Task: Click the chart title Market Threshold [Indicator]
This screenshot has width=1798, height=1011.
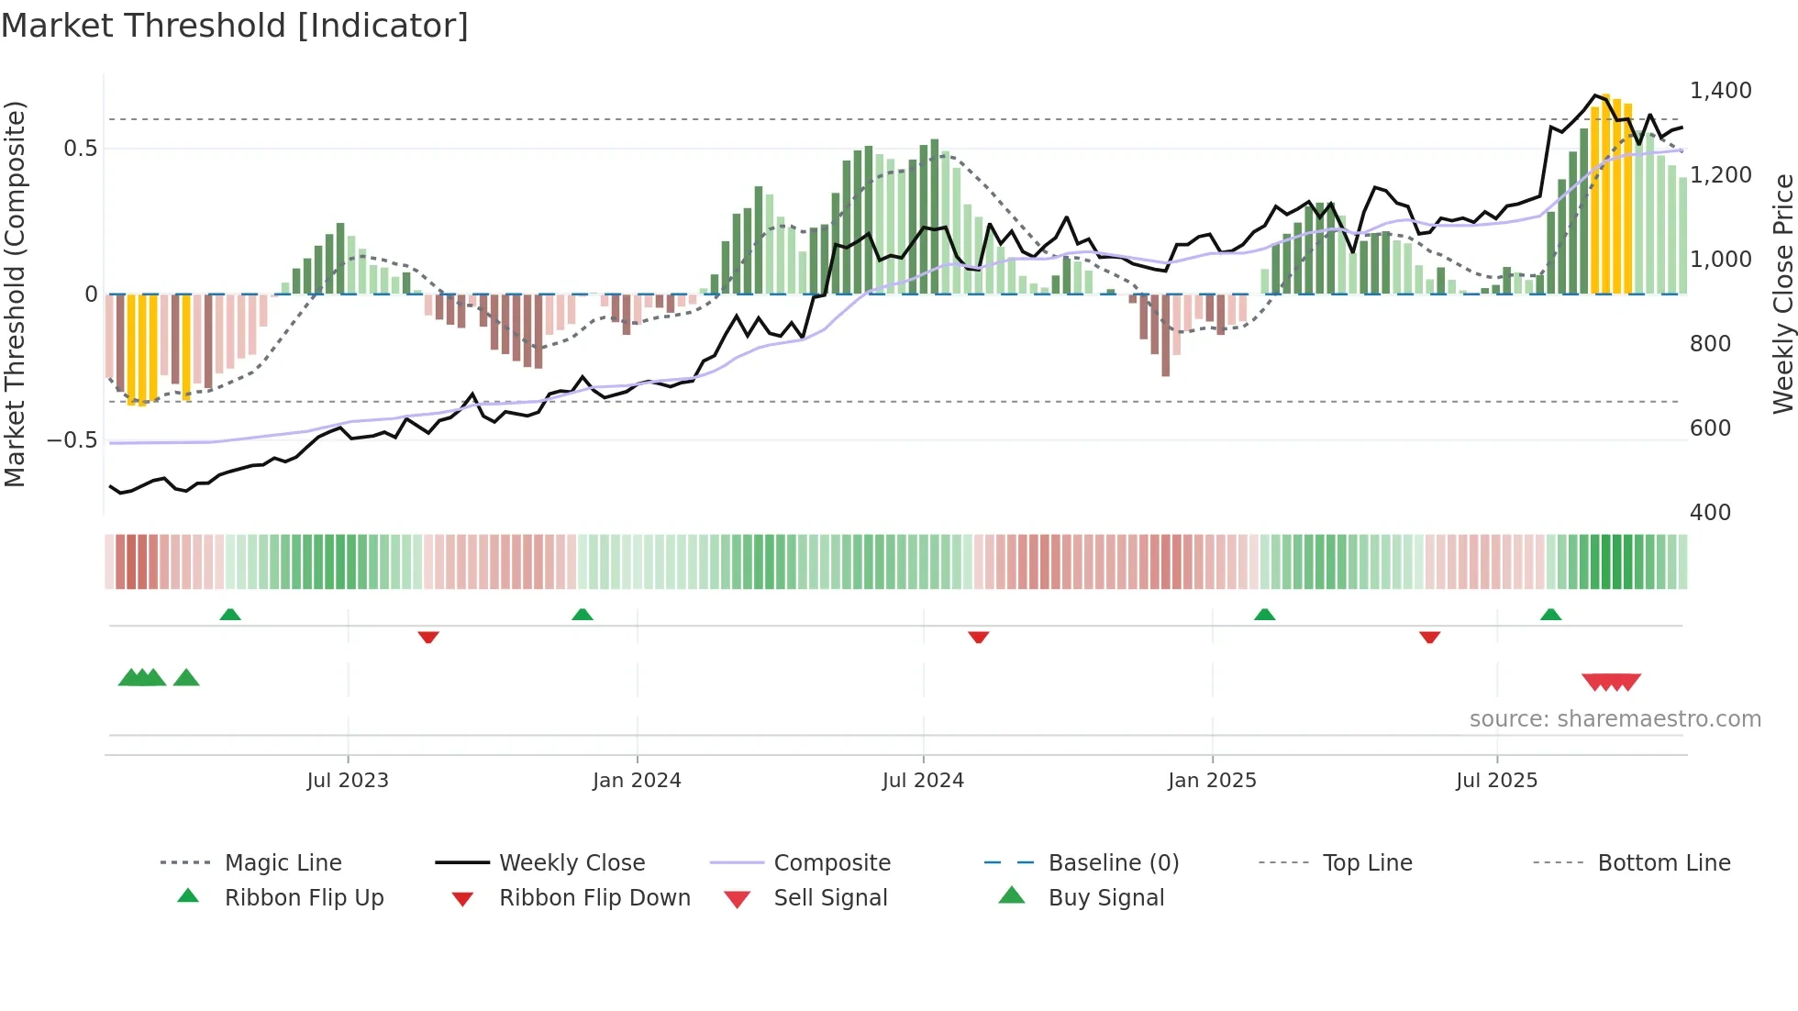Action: [x=235, y=26]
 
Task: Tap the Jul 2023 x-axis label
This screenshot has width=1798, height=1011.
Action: [x=348, y=781]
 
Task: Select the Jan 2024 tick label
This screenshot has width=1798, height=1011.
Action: [x=637, y=781]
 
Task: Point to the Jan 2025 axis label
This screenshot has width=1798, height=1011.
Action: [x=1212, y=781]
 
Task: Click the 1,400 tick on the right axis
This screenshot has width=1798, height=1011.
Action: [x=1720, y=91]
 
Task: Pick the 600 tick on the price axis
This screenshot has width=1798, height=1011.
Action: [x=1710, y=428]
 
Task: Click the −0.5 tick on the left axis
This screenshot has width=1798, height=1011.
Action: [x=72, y=440]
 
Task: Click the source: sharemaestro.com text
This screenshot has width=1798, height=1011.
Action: [x=1615, y=719]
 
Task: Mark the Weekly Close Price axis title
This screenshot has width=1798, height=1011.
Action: [x=1782, y=294]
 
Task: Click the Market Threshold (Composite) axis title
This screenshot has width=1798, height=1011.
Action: [x=15, y=294]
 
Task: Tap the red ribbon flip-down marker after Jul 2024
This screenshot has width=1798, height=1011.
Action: [x=978, y=637]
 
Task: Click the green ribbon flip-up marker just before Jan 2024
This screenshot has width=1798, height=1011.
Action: [x=582, y=615]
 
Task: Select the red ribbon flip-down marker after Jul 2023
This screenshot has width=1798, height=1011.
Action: [x=428, y=637]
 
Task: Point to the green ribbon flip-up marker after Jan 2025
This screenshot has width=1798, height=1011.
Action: [x=1264, y=615]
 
